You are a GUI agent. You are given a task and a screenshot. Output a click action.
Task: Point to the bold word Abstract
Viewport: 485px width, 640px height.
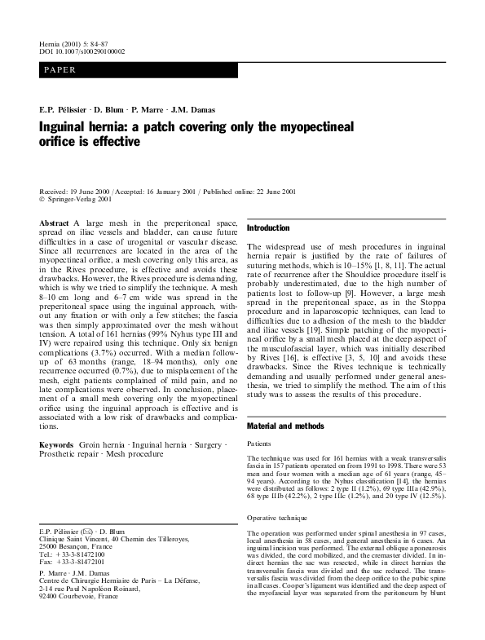(55, 222)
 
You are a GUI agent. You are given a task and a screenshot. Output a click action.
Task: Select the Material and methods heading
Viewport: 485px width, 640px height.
(285, 426)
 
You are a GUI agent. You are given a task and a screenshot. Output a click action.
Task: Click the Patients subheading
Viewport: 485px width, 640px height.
(260, 444)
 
